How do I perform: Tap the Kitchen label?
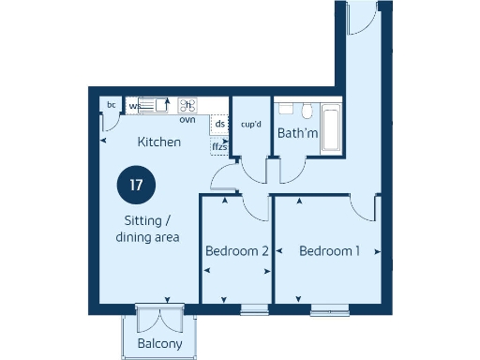tap(159, 142)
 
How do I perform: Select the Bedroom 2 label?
tap(237, 251)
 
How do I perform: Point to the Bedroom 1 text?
tap(330, 250)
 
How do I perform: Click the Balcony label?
tap(160, 344)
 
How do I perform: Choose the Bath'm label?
tap(298, 133)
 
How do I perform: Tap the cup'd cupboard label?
tap(250, 123)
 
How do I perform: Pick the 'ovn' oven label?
tap(187, 120)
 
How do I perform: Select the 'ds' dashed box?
tap(219, 124)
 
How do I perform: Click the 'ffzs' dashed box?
tap(219, 146)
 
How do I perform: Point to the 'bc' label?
tap(112, 105)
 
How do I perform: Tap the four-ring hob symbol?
tap(187, 105)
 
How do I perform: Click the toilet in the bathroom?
tap(288, 109)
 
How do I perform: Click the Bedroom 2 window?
tap(254, 309)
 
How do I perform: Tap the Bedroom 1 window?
tap(330, 309)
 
